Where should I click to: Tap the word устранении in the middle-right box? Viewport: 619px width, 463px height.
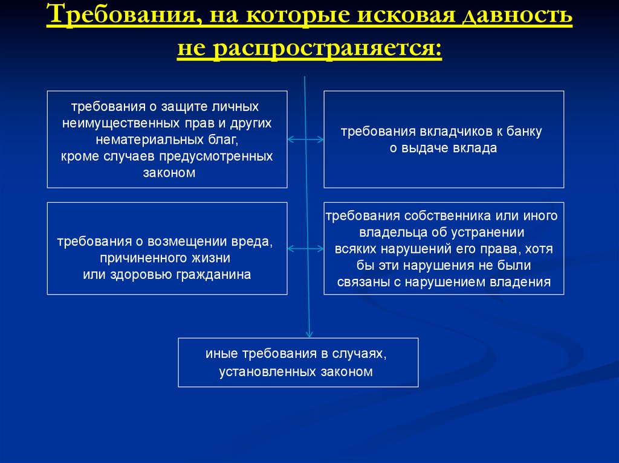(x=490, y=232)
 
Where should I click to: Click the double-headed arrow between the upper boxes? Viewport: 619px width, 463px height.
(x=305, y=140)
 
